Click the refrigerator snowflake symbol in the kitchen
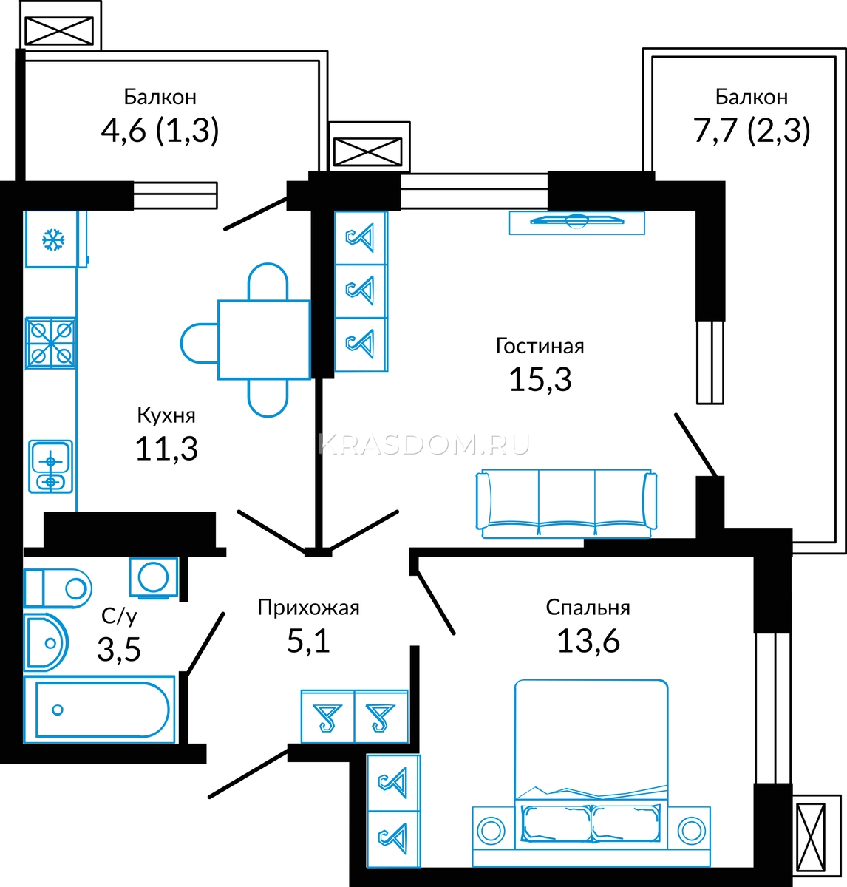tap(53, 239)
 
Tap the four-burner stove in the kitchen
tap(50, 343)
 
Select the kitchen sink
tap(50, 466)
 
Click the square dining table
tap(264, 339)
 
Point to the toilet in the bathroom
tap(58, 588)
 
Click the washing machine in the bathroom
tap(154, 577)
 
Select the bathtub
tap(99, 710)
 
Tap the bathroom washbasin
tap(46, 642)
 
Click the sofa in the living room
tap(567, 503)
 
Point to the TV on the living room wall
tap(576, 221)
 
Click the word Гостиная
tap(540, 347)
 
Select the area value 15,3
tap(540, 380)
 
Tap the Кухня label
tap(166, 415)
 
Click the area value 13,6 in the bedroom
tap(588, 641)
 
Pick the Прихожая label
tap(308, 608)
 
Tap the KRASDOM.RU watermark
tap(423, 444)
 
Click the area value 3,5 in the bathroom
tap(118, 649)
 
